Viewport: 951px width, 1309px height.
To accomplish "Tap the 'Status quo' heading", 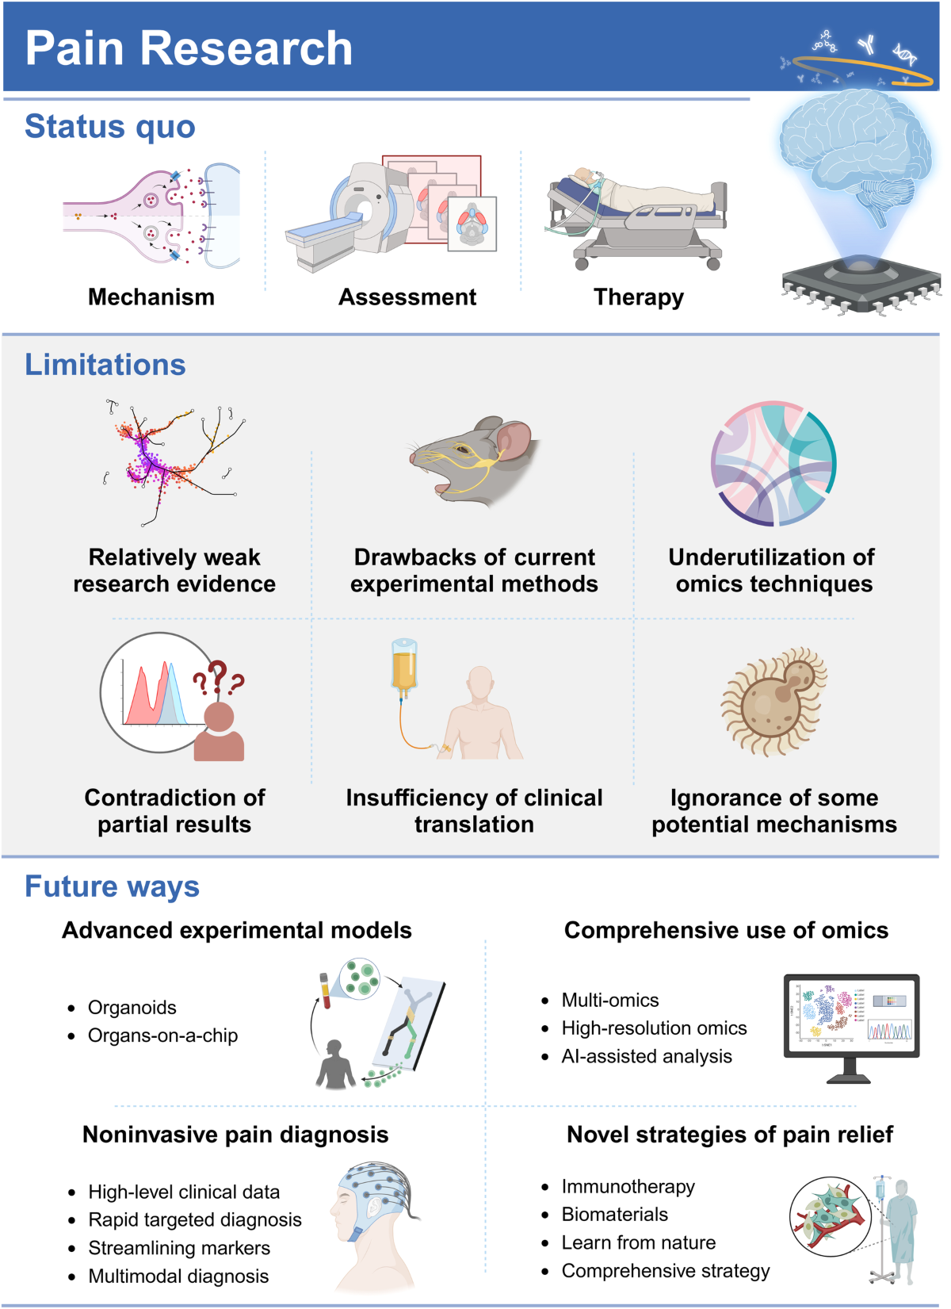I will pos(110,127).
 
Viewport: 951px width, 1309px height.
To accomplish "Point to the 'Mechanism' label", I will pos(151,297).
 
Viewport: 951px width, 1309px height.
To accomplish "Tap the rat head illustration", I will pos(475,460).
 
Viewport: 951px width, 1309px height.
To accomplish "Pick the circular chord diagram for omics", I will pos(773,463).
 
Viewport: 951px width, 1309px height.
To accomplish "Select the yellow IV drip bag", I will pos(404,666).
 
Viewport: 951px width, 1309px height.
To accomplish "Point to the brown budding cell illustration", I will pos(775,701).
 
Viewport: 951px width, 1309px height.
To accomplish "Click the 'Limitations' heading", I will pos(105,365).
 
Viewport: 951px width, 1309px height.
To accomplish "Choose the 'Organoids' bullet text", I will pos(132,1008).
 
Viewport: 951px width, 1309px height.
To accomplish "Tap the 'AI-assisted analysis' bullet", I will pos(647,1057).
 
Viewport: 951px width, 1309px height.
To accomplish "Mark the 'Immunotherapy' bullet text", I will pos(628,1187).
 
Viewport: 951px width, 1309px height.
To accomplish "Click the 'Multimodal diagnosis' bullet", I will pos(178,1276).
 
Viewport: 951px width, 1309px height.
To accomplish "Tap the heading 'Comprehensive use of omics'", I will pos(726,931).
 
